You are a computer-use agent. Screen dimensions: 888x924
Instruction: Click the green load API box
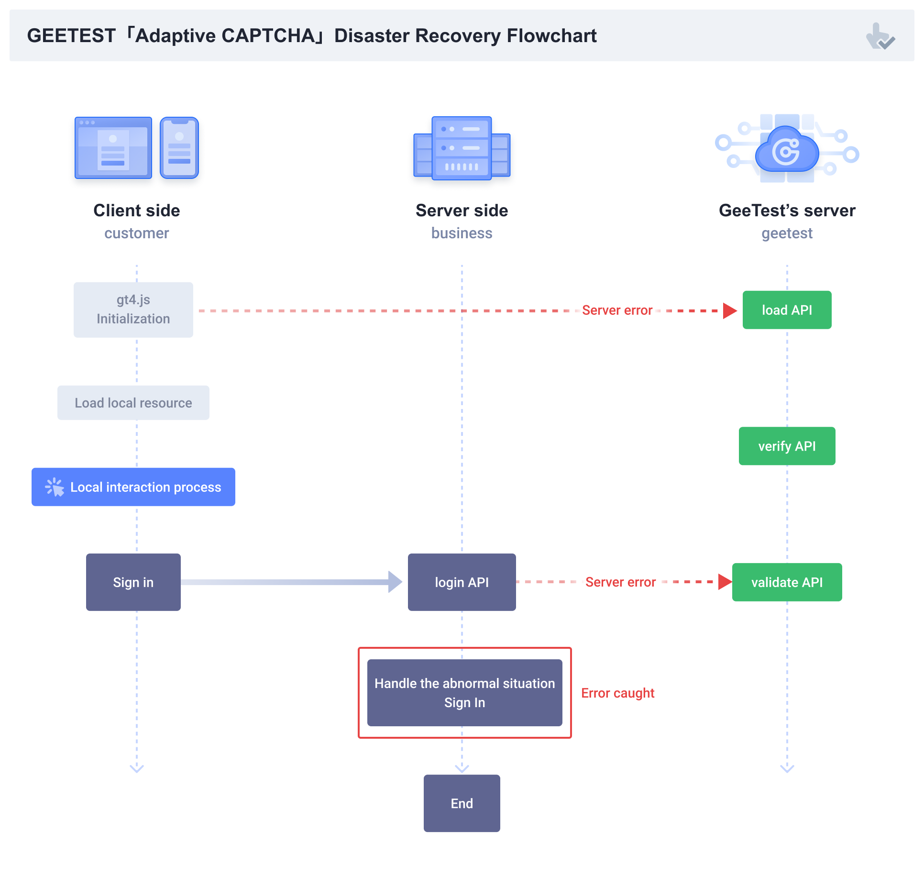(x=787, y=310)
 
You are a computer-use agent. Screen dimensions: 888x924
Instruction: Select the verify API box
(x=787, y=446)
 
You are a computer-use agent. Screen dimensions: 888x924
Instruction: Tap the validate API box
(x=787, y=582)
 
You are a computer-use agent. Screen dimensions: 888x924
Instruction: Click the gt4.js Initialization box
(x=133, y=310)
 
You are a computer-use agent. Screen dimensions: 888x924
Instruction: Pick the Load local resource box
(x=133, y=403)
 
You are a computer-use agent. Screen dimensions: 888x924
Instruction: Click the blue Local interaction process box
(x=133, y=487)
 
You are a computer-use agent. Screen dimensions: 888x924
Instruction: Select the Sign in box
(x=133, y=582)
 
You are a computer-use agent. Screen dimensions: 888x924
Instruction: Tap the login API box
(x=462, y=582)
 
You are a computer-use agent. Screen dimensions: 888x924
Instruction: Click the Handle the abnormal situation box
(x=464, y=693)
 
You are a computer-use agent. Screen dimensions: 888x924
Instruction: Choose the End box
(x=462, y=803)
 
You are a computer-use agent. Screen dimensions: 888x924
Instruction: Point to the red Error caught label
(x=617, y=693)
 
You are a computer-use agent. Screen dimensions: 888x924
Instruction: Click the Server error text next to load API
(x=617, y=311)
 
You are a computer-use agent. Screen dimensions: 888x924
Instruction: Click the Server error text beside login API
(x=620, y=582)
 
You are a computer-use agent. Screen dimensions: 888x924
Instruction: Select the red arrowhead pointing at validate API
(x=725, y=582)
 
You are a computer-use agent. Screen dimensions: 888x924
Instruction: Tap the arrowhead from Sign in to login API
(x=395, y=582)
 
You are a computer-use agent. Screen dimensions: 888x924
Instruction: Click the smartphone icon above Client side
(x=179, y=148)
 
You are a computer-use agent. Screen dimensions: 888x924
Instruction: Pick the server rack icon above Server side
(x=462, y=148)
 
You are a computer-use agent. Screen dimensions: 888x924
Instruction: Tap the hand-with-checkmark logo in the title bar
(x=880, y=36)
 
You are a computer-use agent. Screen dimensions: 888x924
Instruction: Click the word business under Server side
(x=462, y=233)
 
